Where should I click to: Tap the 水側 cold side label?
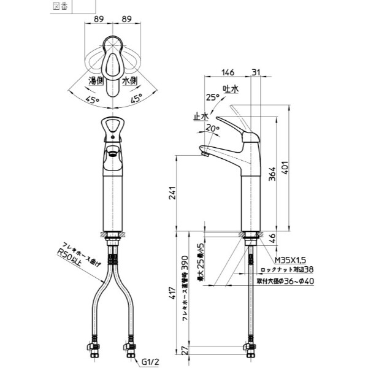pyautogui.click(x=129, y=80)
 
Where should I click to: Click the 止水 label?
pyautogui.click(x=200, y=115)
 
